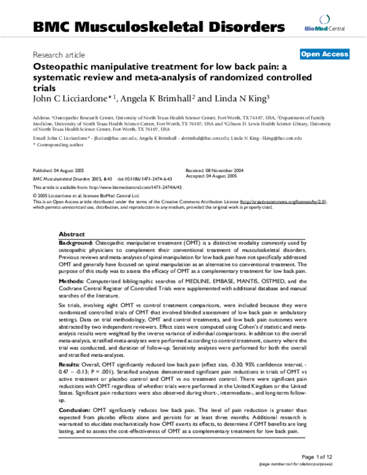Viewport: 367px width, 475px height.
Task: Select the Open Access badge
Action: click(x=324, y=54)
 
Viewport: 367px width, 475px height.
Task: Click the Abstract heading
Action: click(x=72, y=234)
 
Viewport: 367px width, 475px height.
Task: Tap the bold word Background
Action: click(x=76, y=243)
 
